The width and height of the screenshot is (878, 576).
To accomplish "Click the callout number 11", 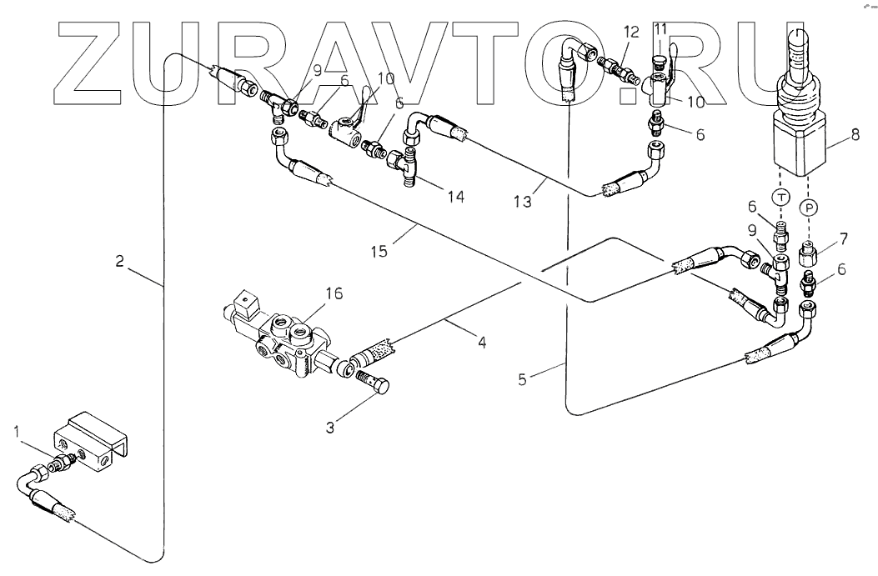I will (660, 29).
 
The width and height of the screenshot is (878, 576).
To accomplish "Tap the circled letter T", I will (781, 196).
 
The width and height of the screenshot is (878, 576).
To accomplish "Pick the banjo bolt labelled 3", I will (374, 385).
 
